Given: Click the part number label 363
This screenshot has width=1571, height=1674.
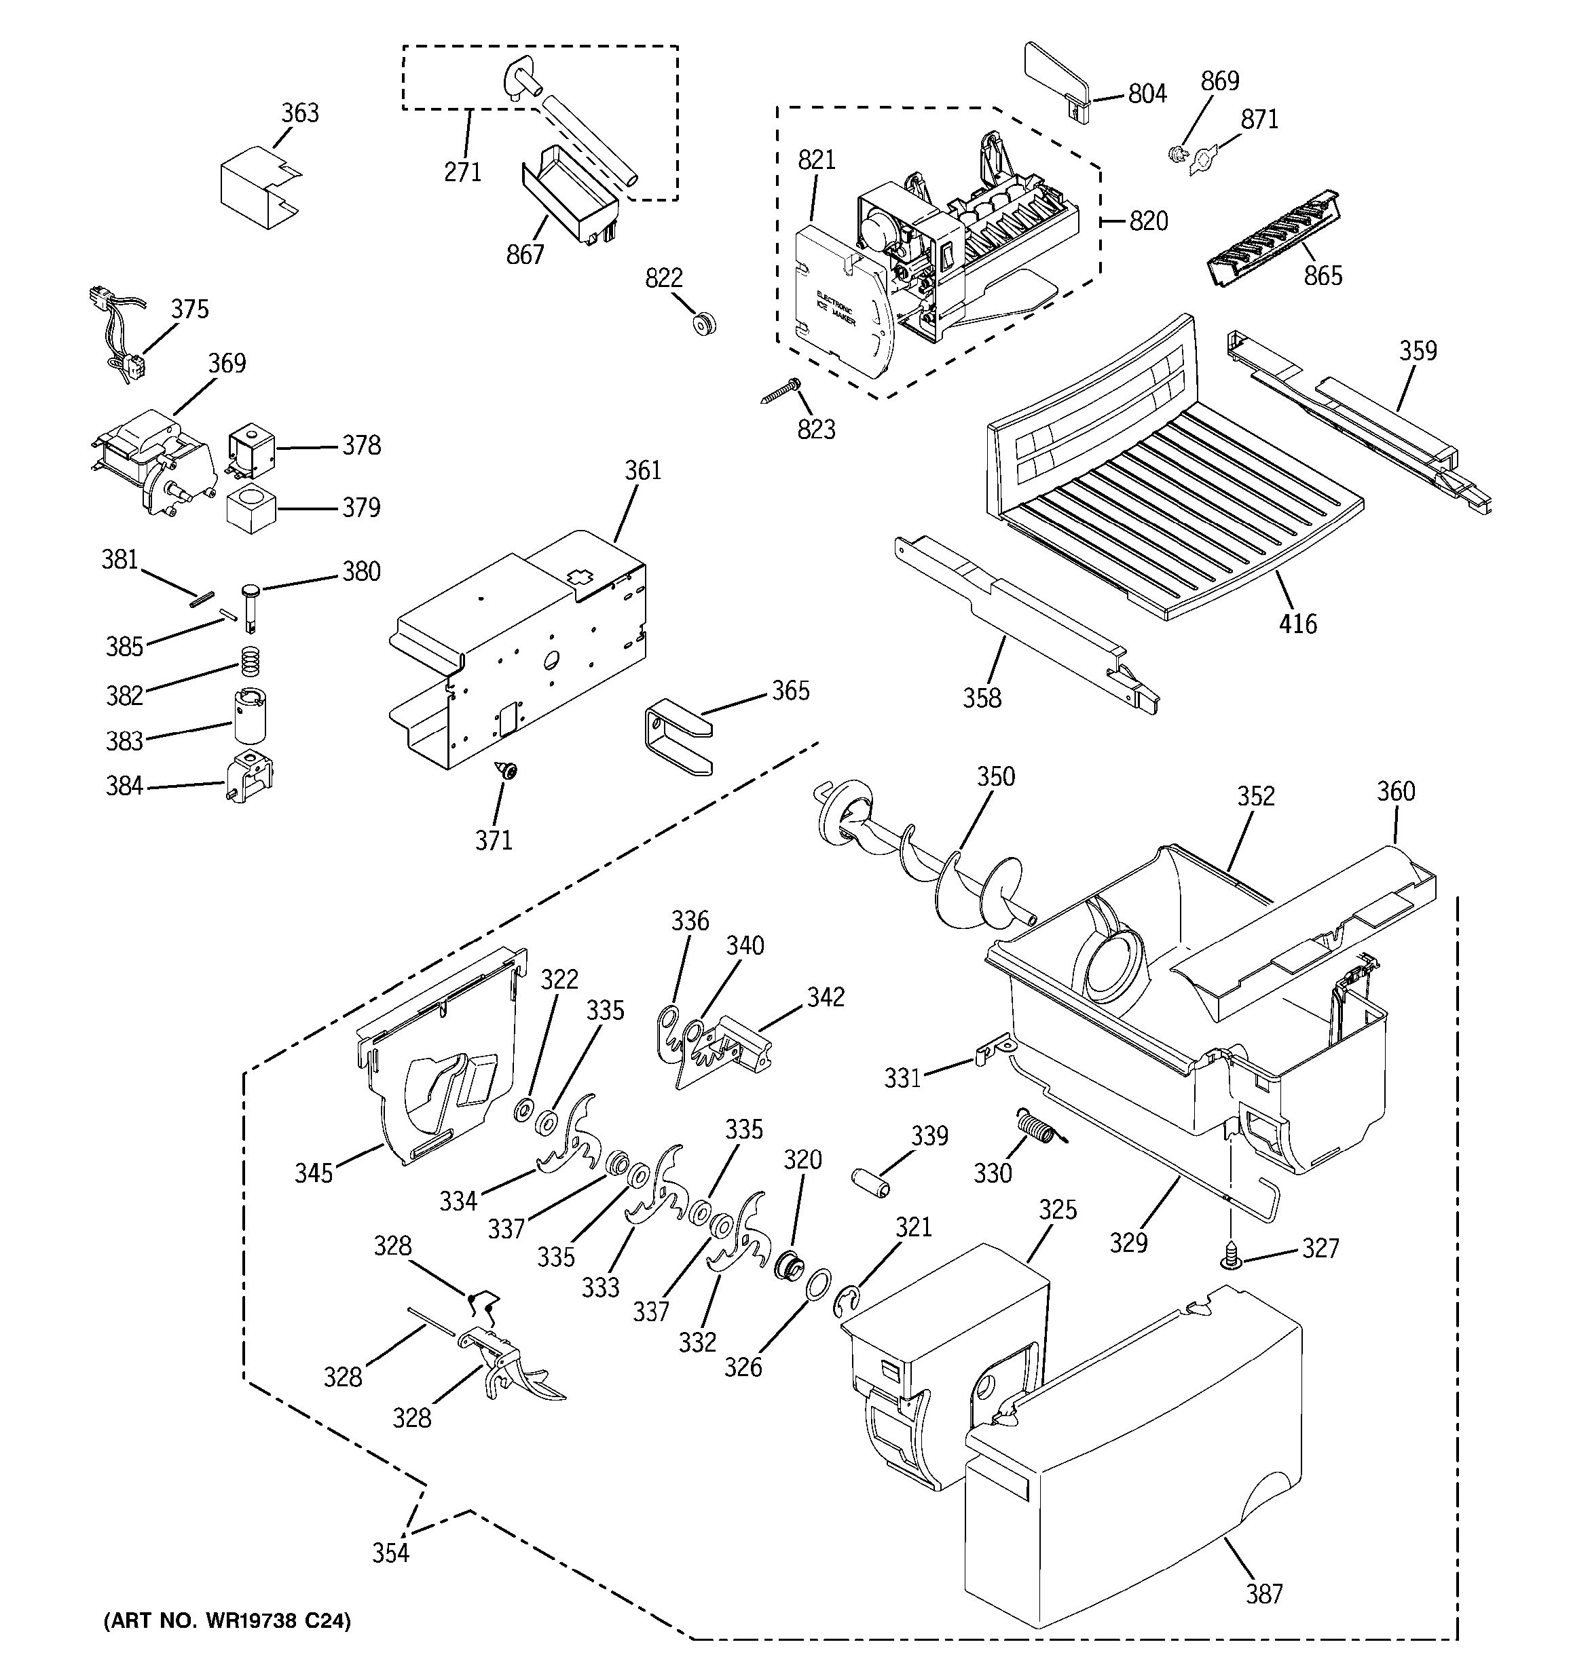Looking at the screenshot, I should [300, 113].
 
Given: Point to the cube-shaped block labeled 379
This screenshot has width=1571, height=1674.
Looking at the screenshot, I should [251, 509].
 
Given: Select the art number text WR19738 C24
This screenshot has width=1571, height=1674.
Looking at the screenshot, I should [227, 1621].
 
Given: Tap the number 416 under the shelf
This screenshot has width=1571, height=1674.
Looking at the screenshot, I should [1297, 624].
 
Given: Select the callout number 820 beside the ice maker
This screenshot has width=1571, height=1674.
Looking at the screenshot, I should [1148, 221].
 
